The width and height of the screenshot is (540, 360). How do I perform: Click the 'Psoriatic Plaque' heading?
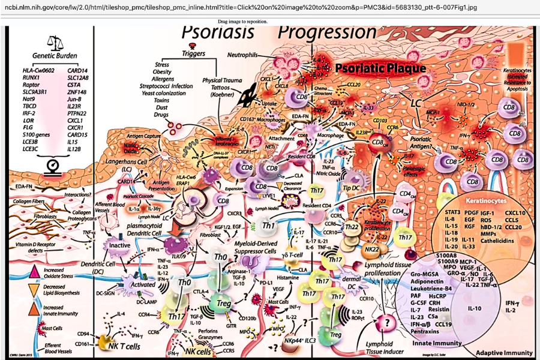(x=380, y=68)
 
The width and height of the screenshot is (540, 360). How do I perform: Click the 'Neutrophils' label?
(x=242, y=55)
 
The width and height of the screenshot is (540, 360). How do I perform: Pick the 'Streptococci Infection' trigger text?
(x=166, y=86)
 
